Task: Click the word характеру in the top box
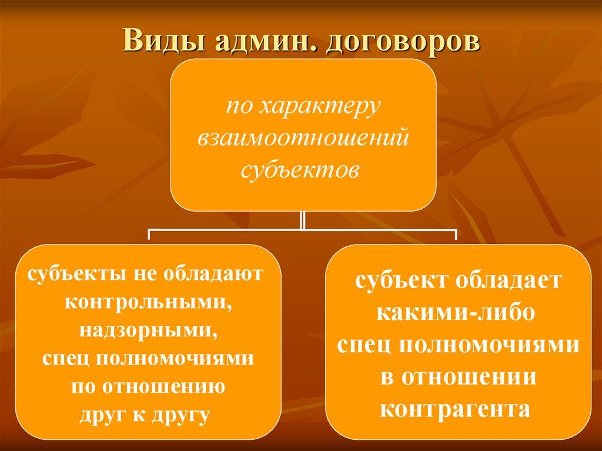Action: pos(320,108)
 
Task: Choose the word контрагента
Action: pos(456,409)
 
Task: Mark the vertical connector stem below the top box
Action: pos(302,220)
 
